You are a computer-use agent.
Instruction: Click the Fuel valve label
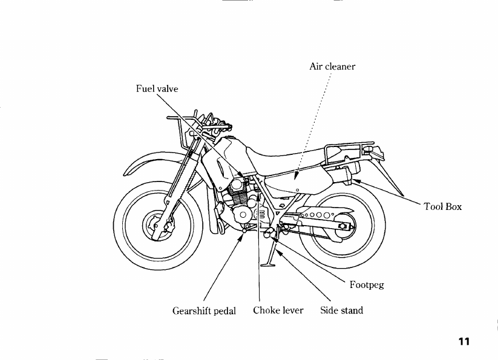click(157, 88)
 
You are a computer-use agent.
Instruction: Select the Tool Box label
click(442, 207)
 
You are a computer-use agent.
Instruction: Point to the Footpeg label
click(367, 284)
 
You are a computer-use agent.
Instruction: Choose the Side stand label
click(341, 311)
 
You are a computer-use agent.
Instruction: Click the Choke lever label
click(278, 311)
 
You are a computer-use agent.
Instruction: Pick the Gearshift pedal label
click(204, 311)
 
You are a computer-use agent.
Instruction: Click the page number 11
click(464, 342)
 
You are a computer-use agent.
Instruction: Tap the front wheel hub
click(153, 227)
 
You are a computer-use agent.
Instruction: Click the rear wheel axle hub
click(342, 226)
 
